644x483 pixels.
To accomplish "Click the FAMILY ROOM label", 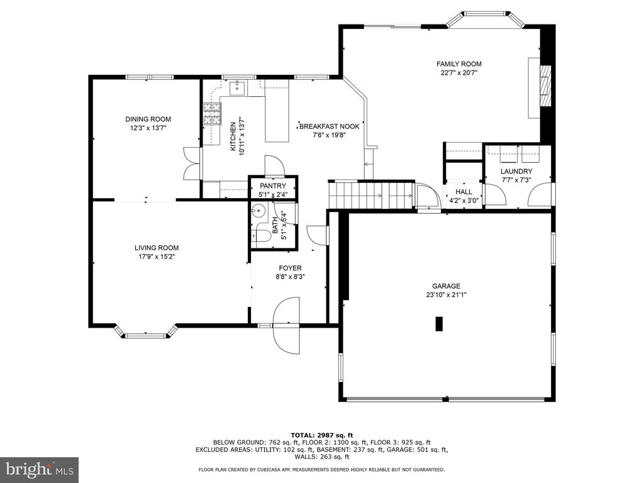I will (x=459, y=64).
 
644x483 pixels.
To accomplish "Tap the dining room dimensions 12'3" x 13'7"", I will (x=148, y=128).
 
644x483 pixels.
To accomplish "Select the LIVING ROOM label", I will (x=157, y=248).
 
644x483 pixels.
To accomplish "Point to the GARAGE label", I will (x=446, y=286).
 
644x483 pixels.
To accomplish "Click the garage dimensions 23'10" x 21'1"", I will (x=446, y=294).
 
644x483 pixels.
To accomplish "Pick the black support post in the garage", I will (x=440, y=323).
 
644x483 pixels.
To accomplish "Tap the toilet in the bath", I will (x=263, y=235).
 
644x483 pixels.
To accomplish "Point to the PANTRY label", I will (x=273, y=186).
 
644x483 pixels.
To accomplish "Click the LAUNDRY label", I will (x=516, y=172).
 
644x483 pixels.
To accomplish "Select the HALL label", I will (x=464, y=192).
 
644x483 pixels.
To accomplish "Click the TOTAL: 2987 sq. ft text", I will (x=322, y=435).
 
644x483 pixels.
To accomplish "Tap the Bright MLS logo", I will (x=39, y=469).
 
